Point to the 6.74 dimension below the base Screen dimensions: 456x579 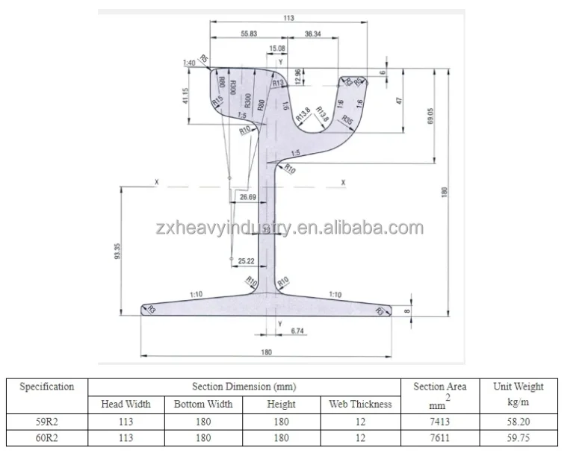pos(297,329)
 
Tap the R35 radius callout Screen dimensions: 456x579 pos(347,119)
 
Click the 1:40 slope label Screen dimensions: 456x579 pos(188,63)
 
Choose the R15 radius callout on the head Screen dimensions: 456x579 pos(217,101)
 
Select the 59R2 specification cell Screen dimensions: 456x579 pos(46,422)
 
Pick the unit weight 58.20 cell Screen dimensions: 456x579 pos(518,422)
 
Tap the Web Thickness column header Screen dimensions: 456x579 pos(360,404)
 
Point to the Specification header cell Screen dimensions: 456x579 pos(46,387)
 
